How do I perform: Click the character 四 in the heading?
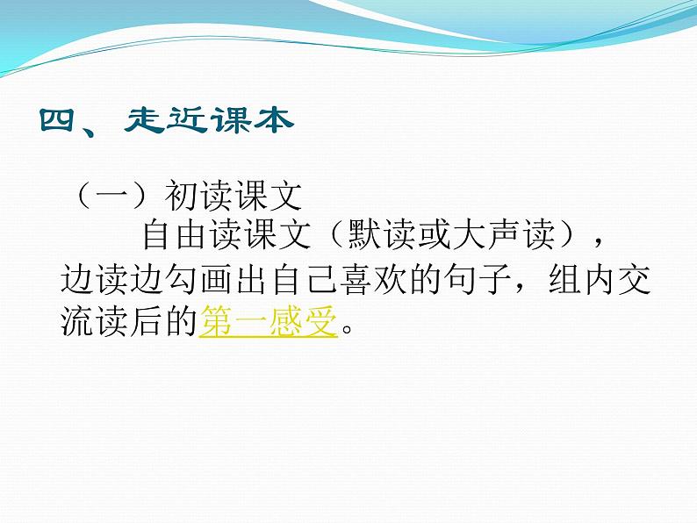pos(61,120)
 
